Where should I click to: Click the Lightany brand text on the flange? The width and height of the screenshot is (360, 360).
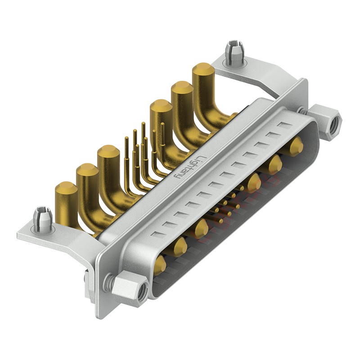189,167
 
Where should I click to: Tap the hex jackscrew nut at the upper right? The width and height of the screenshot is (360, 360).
324,121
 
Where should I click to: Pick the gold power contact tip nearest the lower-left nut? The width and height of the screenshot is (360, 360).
160,264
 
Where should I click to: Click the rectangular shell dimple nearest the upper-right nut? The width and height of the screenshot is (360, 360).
285,125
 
